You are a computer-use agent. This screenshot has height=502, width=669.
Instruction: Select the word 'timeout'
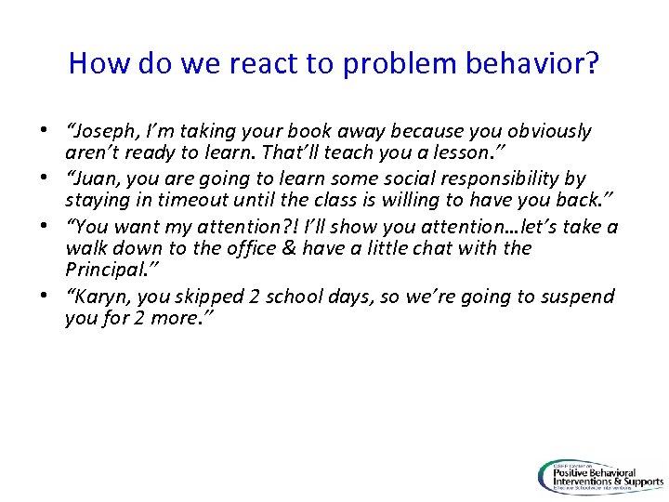coord(215,200)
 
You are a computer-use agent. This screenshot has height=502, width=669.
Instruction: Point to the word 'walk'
coord(85,248)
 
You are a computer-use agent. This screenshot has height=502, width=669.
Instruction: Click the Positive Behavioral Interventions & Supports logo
coord(600,475)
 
